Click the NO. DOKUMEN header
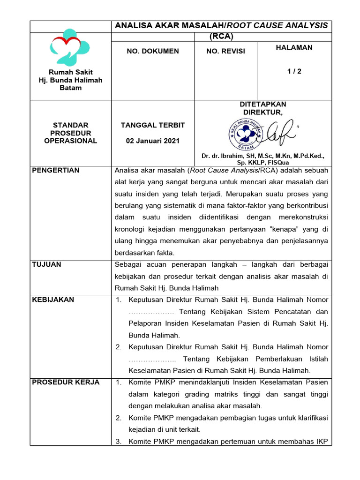click(153, 51)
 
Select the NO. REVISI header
click(225, 51)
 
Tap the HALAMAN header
click(294, 48)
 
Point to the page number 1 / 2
click(294, 71)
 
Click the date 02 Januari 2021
click(153, 141)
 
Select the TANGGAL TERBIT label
click(153, 125)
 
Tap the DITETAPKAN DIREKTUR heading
click(262, 108)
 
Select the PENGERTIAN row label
click(55, 170)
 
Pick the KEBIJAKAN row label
click(52, 300)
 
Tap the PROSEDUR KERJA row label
click(66, 382)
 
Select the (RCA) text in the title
click(221, 36)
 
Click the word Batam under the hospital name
click(71, 88)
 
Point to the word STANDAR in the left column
click(71, 125)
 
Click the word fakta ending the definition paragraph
click(165, 253)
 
